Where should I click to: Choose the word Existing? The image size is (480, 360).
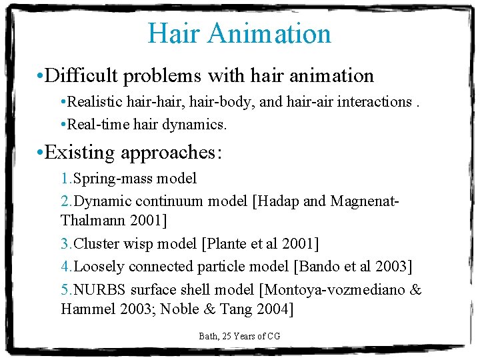pyautogui.click(x=80, y=153)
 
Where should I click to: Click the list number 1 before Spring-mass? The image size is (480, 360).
pyautogui.click(x=65, y=179)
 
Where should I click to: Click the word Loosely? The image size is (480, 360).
pyautogui.click(x=99, y=267)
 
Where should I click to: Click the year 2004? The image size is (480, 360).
pyautogui.click(x=274, y=310)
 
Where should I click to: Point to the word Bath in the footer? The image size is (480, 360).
pyautogui.click(x=209, y=336)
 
